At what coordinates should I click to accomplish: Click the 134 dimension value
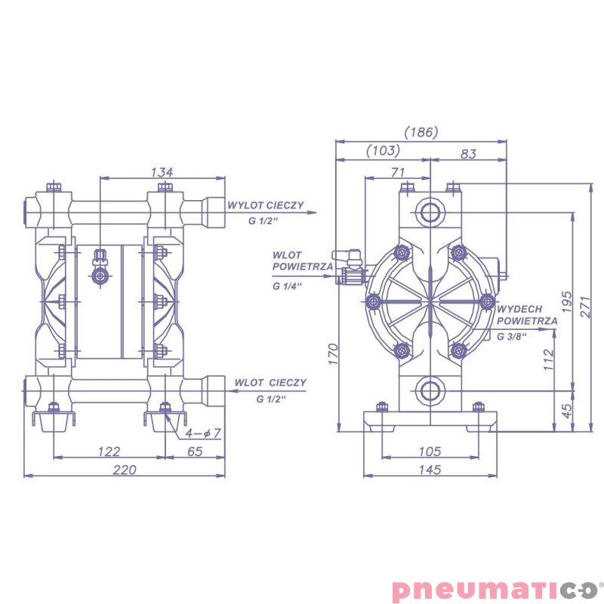[162, 172]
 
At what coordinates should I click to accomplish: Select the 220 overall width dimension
[125, 470]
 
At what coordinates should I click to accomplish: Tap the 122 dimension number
[109, 451]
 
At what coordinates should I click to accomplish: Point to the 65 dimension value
[195, 451]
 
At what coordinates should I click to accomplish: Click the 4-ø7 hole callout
[203, 433]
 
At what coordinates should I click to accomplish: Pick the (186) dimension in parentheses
[421, 132]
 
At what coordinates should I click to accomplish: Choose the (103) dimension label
[383, 150]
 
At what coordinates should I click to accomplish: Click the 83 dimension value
[468, 154]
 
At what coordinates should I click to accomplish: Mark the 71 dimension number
[398, 172]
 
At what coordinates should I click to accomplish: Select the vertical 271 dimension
[585, 307]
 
